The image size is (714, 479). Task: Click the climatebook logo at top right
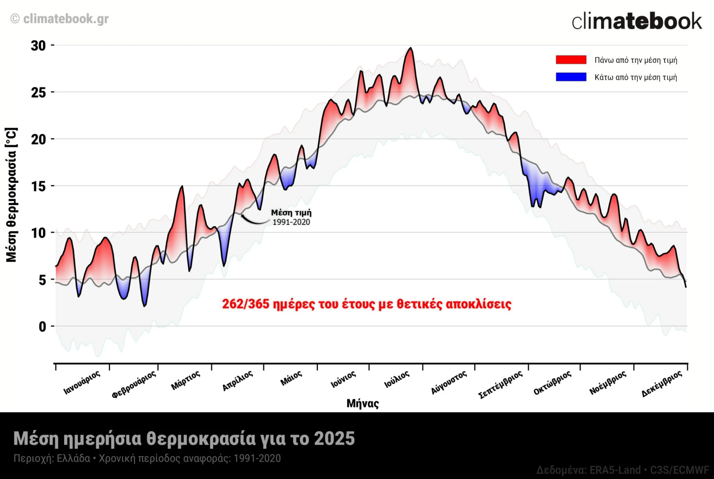(x=637, y=21)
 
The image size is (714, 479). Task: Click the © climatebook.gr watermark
(x=60, y=19)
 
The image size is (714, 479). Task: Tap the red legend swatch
(x=571, y=60)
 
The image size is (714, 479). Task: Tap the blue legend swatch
(x=571, y=77)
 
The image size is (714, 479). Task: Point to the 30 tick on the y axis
(x=38, y=46)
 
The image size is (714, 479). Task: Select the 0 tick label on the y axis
(x=42, y=327)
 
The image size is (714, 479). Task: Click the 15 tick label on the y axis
(x=38, y=187)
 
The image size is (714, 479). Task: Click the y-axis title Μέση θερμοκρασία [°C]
(x=11, y=195)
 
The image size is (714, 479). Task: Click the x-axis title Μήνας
(x=362, y=403)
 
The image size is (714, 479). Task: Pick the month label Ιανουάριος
(x=82, y=382)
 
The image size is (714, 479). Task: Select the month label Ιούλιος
(x=397, y=380)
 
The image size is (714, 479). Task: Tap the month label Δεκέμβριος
(x=661, y=384)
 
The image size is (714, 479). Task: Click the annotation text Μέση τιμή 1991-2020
(x=291, y=217)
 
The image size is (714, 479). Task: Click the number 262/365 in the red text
(x=245, y=304)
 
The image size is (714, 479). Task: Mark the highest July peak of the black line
(x=411, y=48)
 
